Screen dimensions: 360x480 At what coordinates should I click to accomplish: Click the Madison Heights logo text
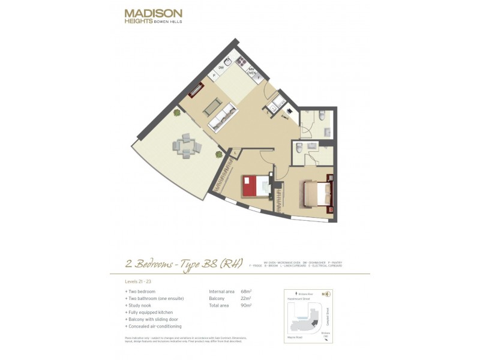tap(153, 17)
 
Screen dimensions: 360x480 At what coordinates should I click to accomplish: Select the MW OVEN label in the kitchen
tap(252, 71)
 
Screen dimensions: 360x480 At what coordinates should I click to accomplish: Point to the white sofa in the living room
tap(222, 116)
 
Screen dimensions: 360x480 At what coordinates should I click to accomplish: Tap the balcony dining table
tap(185, 146)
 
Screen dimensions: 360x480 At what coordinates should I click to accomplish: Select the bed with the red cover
tap(256, 185)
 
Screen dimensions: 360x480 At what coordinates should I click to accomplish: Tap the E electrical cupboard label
tap(268, 112)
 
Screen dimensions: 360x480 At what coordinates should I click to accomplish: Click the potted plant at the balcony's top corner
tap(176, 112)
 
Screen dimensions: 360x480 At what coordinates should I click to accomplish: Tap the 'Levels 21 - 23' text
tap(137, 281)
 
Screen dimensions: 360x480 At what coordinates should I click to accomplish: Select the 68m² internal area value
tap(246, 292)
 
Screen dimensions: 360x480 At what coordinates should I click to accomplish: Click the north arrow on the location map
tap(325, 294)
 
